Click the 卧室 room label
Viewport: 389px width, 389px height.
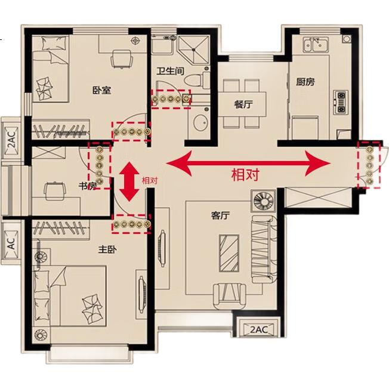[x=101, y=90]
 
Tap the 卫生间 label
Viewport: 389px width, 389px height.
[x=171, y=71]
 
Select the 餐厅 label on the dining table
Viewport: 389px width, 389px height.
[x=243, y=104]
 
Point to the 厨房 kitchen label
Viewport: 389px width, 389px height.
[x=305, y=82]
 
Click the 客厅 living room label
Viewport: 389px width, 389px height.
[x=220, y=215]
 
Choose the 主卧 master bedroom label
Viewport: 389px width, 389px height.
[x=107, y=249]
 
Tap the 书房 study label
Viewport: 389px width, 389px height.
[x=88, y=186]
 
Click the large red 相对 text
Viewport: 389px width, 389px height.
[x=245, y=174]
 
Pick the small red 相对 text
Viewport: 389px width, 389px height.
[x=150, y=180]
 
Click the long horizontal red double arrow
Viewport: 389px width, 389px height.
[x=248, y=163]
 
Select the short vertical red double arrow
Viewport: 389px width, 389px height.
[x=129, y=181]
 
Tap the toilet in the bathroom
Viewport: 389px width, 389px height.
[x=197, y=79]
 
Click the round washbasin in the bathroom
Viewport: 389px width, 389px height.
[x=202, y=123]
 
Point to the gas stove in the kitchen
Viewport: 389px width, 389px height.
[x=341, y=102]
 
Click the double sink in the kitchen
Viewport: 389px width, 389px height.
[x=316, y=44]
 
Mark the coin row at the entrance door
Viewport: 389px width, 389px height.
[x=369, y=165]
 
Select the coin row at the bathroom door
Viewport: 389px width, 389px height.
[x=171, y=99]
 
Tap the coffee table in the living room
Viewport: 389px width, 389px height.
[x=229, y=253]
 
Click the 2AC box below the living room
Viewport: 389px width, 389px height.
[x=258, y=330]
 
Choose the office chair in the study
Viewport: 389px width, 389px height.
[x=55, y=191]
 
